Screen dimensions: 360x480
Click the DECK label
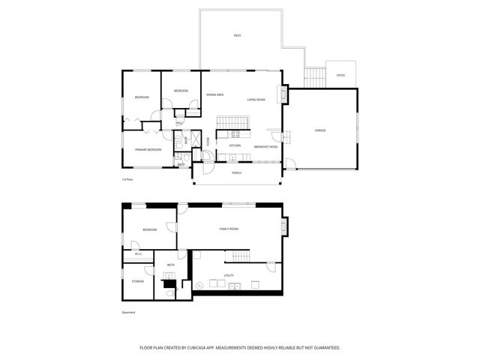pyautogui.click(x=237, y=35)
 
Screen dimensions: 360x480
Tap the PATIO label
pyautogui.click(x=340, y=75)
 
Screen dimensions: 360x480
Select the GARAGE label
pyautogui.click(x=320, y=130)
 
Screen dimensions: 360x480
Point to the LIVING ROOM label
pyautogui.click(x=256, y=99)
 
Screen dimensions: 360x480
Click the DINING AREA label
pyautogui.click(x=215, y=94)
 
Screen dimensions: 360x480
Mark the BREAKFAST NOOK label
pyautogui.click(x=266, y=147)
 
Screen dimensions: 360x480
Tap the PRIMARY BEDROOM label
pyautogui.click(x=148, y=150)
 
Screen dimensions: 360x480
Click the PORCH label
pyautogui.click(x=236, y=172)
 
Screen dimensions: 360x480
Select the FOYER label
pyautogui.click(x=208, y=141)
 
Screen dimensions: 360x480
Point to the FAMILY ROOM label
pyautogui.click(x=229, y=229)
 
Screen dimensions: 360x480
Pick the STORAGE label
pyautogui.click(x=138, y=281)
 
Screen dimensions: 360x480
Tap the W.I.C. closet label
pyautogui.click(x=138, y=253)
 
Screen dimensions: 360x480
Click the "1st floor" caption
pyautogui.click(x=127, y=180)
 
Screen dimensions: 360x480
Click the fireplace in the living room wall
pyautogui.click(x=283, y=94)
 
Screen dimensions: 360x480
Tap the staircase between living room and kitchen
pyautogui.click(x=232, y=123)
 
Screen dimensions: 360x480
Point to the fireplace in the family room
pyautogui.click(x=283, y=226)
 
